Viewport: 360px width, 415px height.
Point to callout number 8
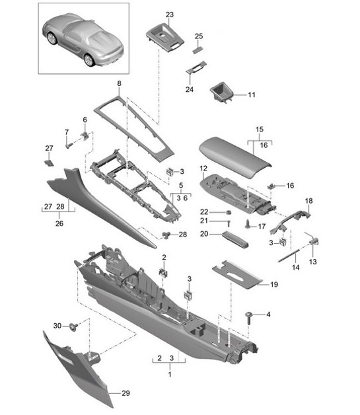(119, 84)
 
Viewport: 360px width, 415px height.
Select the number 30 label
(57, 325)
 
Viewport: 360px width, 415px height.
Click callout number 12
(203, 169)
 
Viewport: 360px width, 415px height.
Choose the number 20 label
(204, 234)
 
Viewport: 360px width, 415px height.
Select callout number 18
(308, 200)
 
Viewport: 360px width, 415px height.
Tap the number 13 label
(314, 262)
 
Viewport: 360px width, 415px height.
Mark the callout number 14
(296, 268)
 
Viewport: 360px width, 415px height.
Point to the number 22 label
(204, 211)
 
